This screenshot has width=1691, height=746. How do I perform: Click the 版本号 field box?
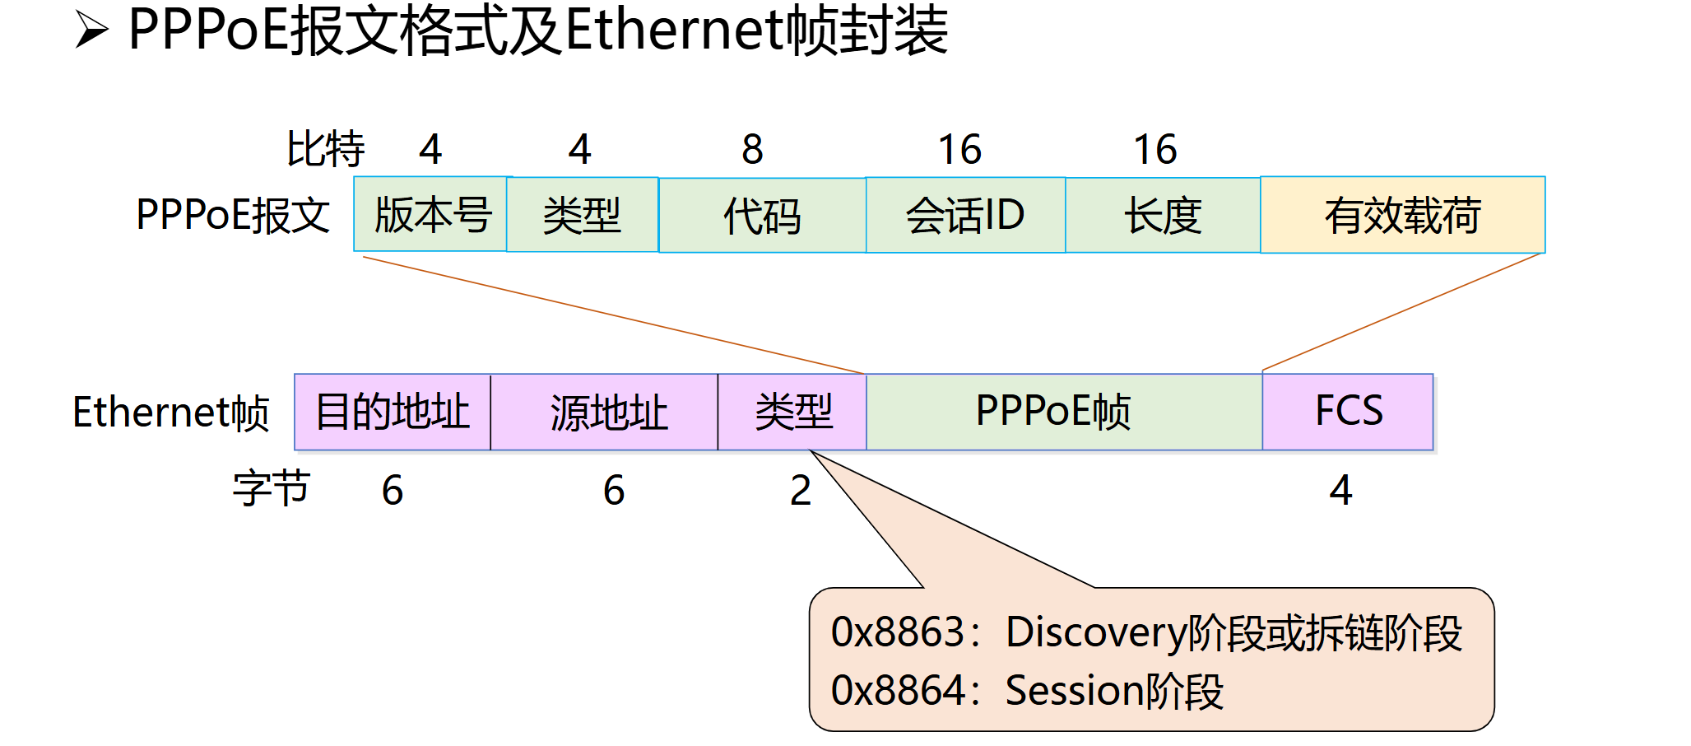[430, 214]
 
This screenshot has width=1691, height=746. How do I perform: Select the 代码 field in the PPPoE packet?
[762, 215]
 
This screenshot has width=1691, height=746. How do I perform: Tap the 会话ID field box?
[965, 215]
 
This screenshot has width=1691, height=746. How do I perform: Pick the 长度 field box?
[1163, 215]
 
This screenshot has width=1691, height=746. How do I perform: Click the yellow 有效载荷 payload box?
[1403, 215]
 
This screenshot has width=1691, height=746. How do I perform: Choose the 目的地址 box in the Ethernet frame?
[393, 412]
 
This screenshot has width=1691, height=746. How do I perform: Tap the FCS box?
[1348, 412]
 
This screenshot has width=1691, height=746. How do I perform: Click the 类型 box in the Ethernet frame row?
[792, 412]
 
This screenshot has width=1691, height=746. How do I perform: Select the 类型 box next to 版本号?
[582, 215]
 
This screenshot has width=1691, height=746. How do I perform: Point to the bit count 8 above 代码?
[752, 150]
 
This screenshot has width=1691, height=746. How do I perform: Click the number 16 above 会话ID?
[959, 150]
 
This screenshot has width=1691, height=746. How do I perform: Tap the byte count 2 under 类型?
[801, 491]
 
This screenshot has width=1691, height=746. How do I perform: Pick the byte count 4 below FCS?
[1340, 491]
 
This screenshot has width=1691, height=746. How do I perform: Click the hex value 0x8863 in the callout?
[898, 632]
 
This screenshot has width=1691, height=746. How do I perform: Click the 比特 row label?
[325, 150]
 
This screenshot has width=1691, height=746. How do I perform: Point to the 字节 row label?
[271, 489]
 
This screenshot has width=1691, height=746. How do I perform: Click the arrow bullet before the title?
[91, 30]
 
